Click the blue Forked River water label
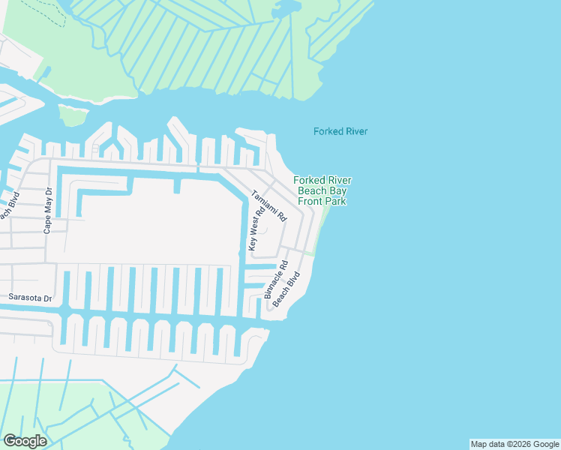pos(340,131)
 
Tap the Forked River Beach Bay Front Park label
pos(322,190)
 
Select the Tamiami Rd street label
pos(269,204)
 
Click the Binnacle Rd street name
pos(274,280)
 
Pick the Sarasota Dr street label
pos(30,298)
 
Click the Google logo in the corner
pos(25,441)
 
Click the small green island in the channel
pos(73,115)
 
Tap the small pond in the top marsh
pos(286,10)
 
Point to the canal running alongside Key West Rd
pos(244,225)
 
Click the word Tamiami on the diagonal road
pos(265,199)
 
